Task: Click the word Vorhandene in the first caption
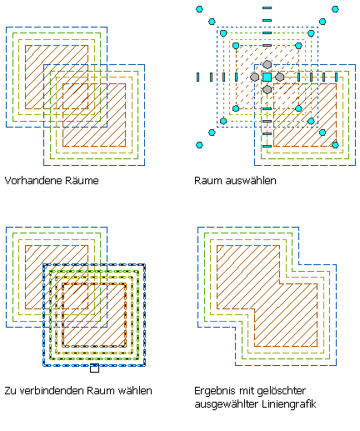[x=33, y=181]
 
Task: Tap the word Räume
[x=82, y=181]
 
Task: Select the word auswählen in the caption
[x=251, y=181]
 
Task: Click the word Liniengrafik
[x=289, y=404]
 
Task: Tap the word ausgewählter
[x=227, y=404]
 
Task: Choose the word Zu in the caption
[x=11, y=391]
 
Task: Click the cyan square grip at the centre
[x=267, y=77]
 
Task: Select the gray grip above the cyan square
[x=267, y=64]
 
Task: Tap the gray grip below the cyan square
[x=267, y=89]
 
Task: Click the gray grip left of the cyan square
[x=254, y=77]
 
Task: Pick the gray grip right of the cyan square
[x=279, y=77]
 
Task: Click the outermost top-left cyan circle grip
[x=199, y=9]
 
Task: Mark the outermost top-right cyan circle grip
[x=335, y=9]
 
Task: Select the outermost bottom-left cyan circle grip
[x=199, y=145]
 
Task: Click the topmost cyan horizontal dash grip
[x=267, y=8]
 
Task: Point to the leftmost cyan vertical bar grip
[x=197, y=77]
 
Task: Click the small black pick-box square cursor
[x=94, y=368]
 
